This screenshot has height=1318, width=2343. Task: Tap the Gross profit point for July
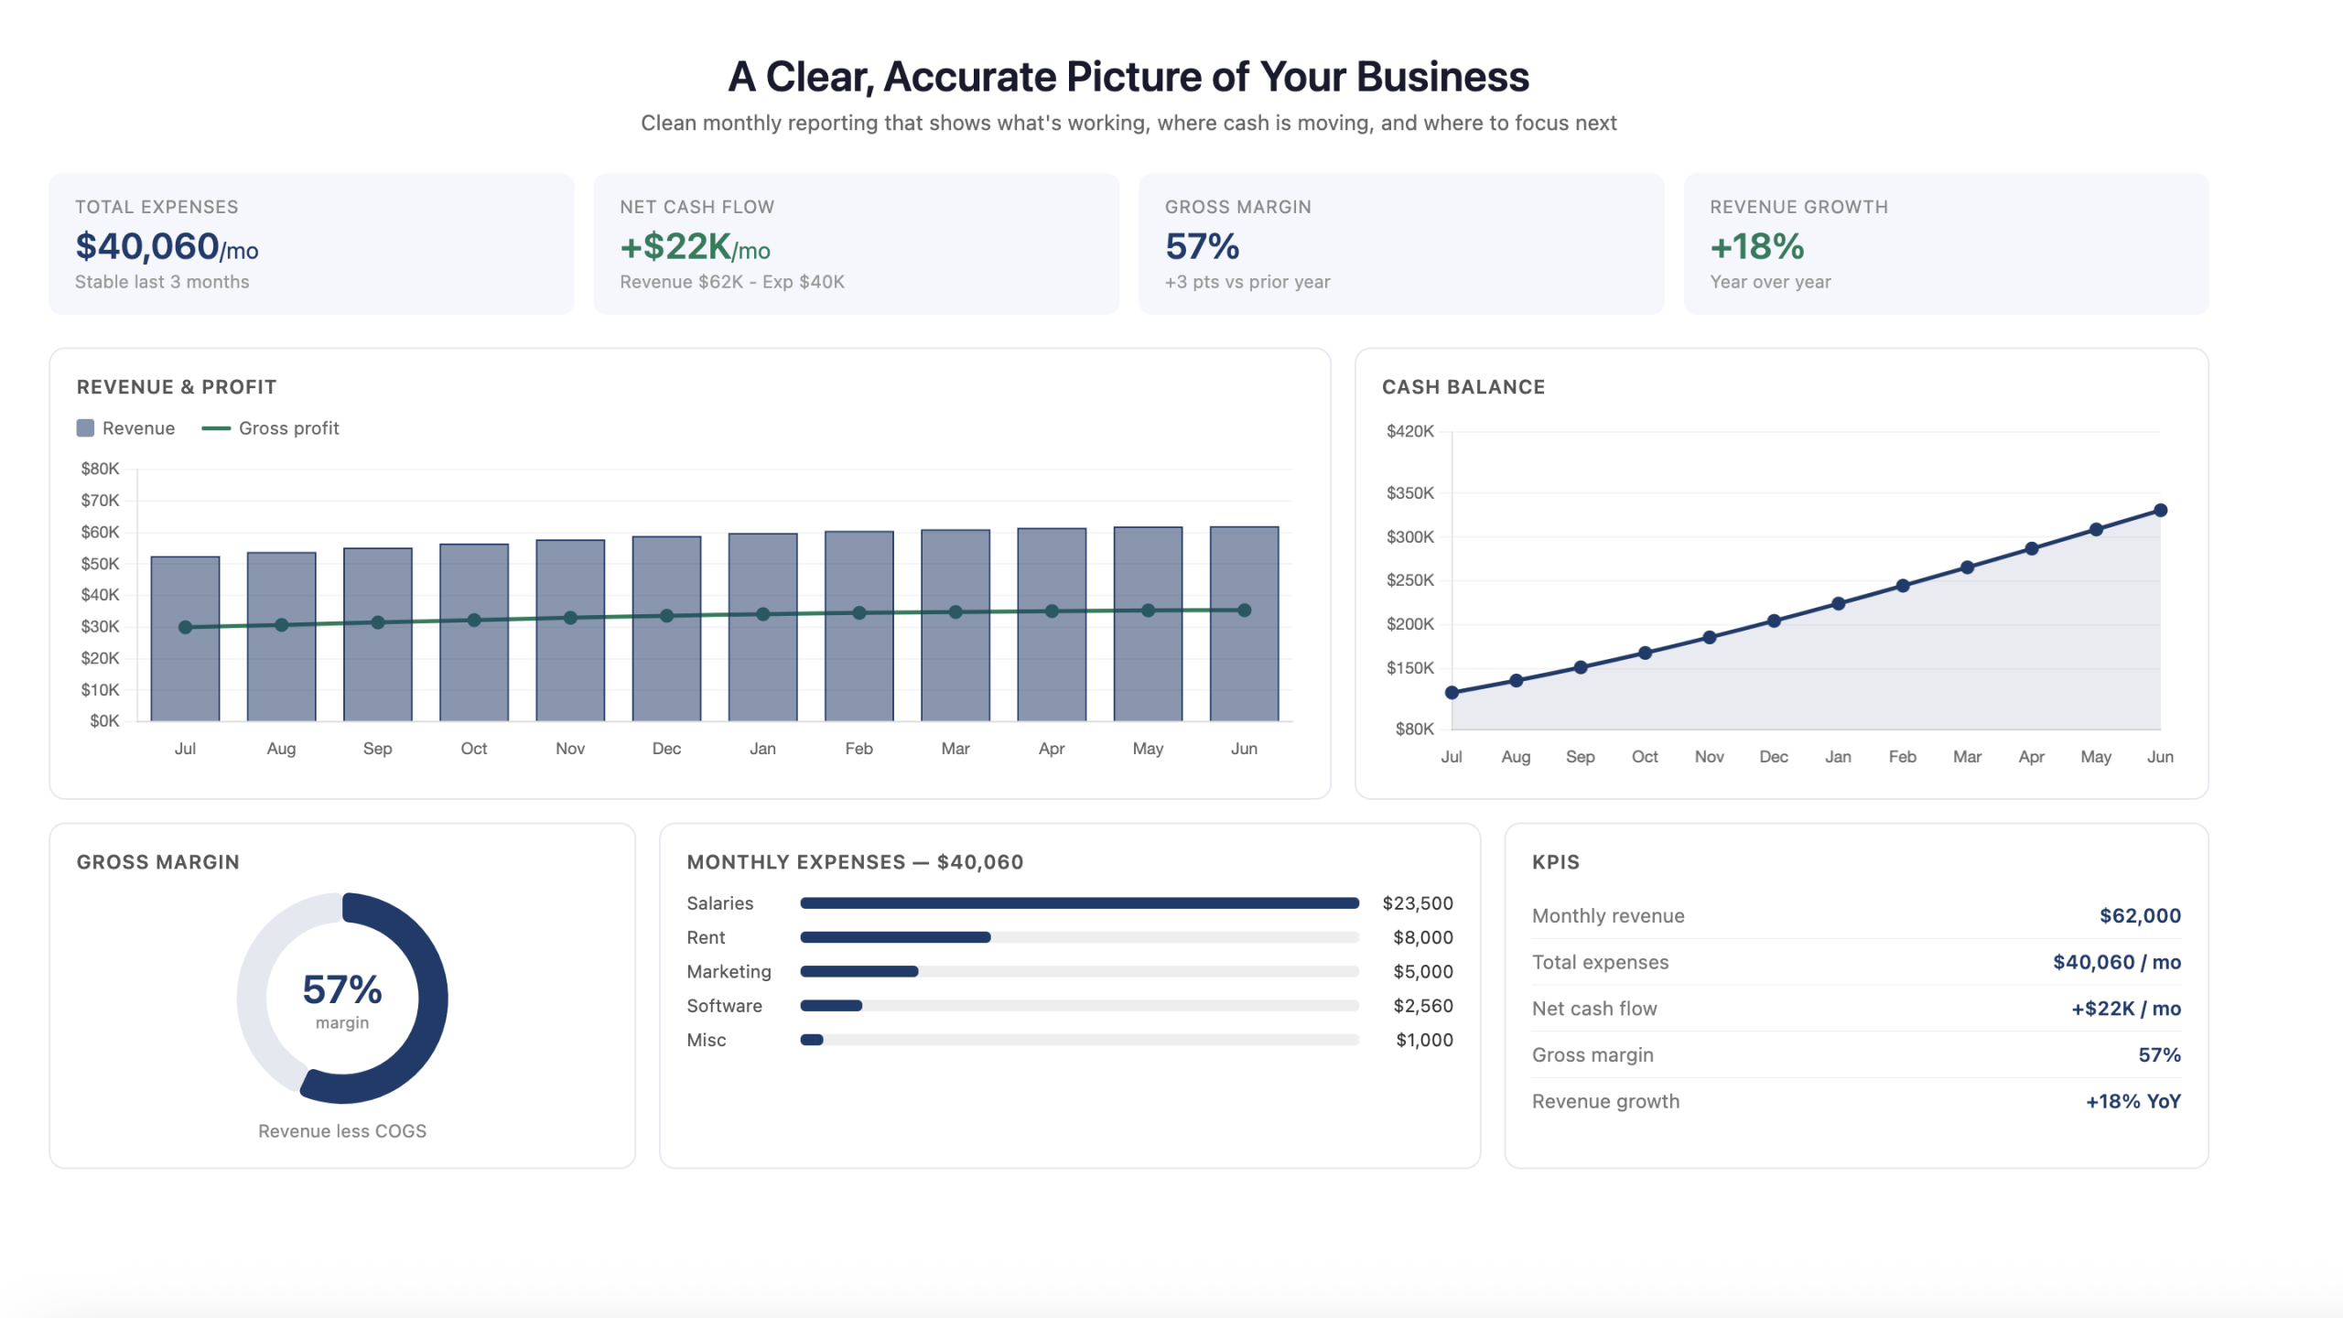click(186, 627)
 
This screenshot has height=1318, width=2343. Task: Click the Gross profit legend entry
click(271, 428)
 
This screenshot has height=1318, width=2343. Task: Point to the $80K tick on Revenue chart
click(101, 469)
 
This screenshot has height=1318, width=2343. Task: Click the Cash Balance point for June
click(2160, 510)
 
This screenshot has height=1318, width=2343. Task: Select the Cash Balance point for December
click(1774, 621)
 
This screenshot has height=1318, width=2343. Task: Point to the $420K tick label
click(1409, 431)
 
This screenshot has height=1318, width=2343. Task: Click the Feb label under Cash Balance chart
click(1902, 757)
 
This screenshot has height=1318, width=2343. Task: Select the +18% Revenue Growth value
click(1756, 246)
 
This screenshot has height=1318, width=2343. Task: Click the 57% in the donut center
click(342, 989)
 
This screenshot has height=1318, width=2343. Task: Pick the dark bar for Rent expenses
click(895, 937)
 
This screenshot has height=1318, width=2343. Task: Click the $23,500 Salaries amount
click(1417, 903)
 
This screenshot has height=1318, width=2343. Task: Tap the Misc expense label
click(706, 1040)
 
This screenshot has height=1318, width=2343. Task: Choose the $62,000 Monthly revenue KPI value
click(2140, 916)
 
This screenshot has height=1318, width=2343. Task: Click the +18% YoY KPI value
click(2132, 1101)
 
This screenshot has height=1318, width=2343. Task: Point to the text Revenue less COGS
click(342, 1131)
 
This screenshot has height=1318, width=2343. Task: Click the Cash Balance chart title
click(1463, 387)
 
